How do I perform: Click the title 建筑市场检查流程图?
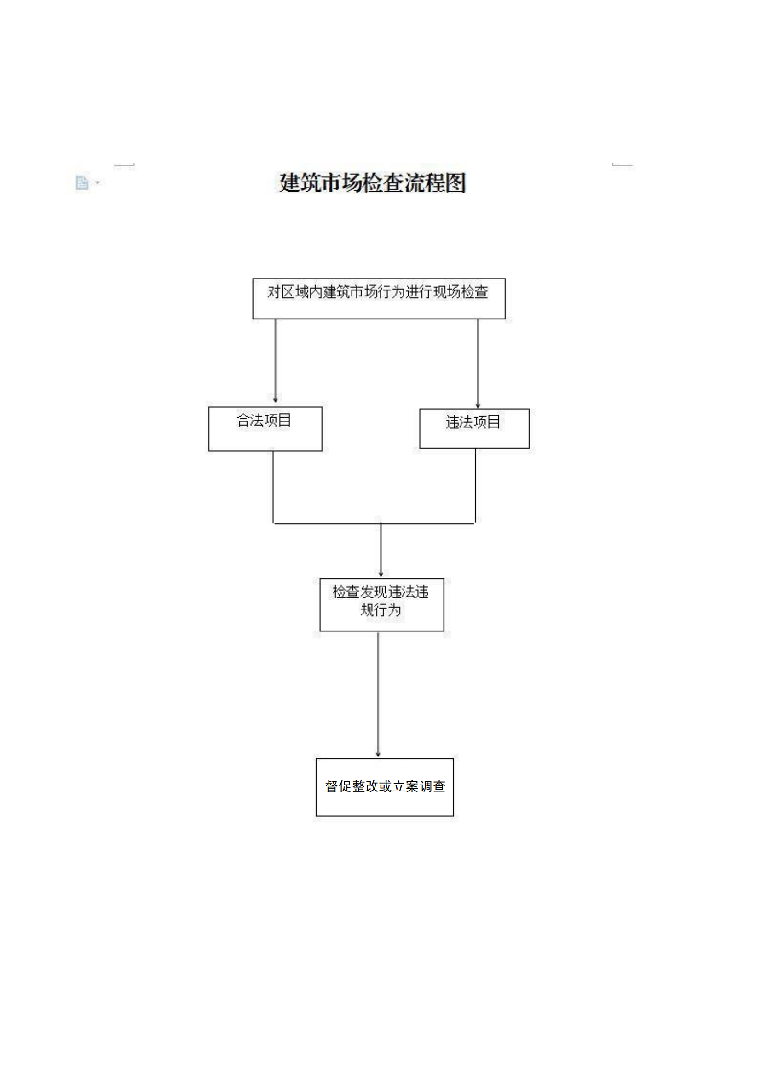373,182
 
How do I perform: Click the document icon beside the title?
82,182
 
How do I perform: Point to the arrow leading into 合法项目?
275,360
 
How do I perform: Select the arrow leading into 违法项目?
478,364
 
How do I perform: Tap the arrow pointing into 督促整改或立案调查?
378,694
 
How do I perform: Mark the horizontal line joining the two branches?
374,523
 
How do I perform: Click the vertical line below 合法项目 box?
273,487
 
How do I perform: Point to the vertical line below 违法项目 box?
475,485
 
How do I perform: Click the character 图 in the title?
455,182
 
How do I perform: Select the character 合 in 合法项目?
243,420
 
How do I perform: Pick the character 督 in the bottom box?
331,786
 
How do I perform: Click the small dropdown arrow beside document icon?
98,182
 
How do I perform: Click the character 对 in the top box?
274,292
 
